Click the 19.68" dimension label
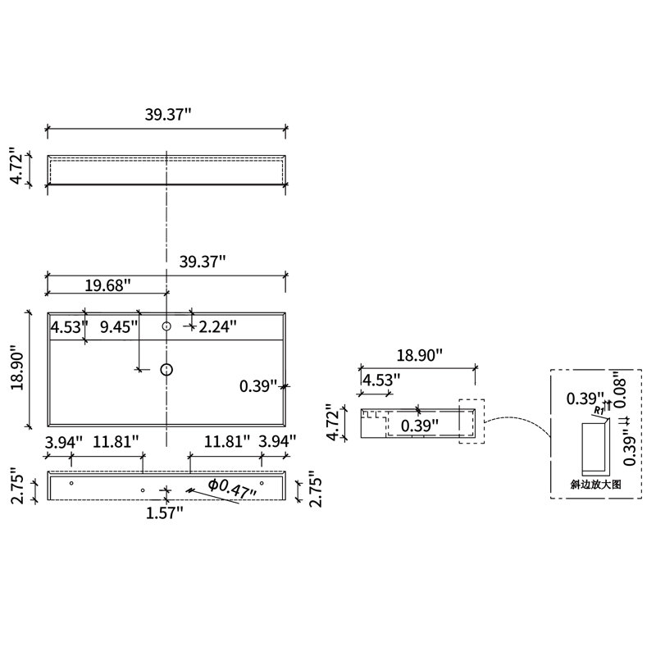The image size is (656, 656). click(108, 285)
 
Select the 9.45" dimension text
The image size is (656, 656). click(119, 326)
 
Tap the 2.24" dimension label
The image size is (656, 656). click(217, 326)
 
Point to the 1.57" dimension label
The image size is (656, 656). click(165, 512)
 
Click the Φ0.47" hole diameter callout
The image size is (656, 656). click(233, 489)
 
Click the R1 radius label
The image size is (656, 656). click(599, 410)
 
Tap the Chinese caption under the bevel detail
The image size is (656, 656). click(596, 485)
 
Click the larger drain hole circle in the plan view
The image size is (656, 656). click(166, 370)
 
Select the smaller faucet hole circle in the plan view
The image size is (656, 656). click(166, 326)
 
